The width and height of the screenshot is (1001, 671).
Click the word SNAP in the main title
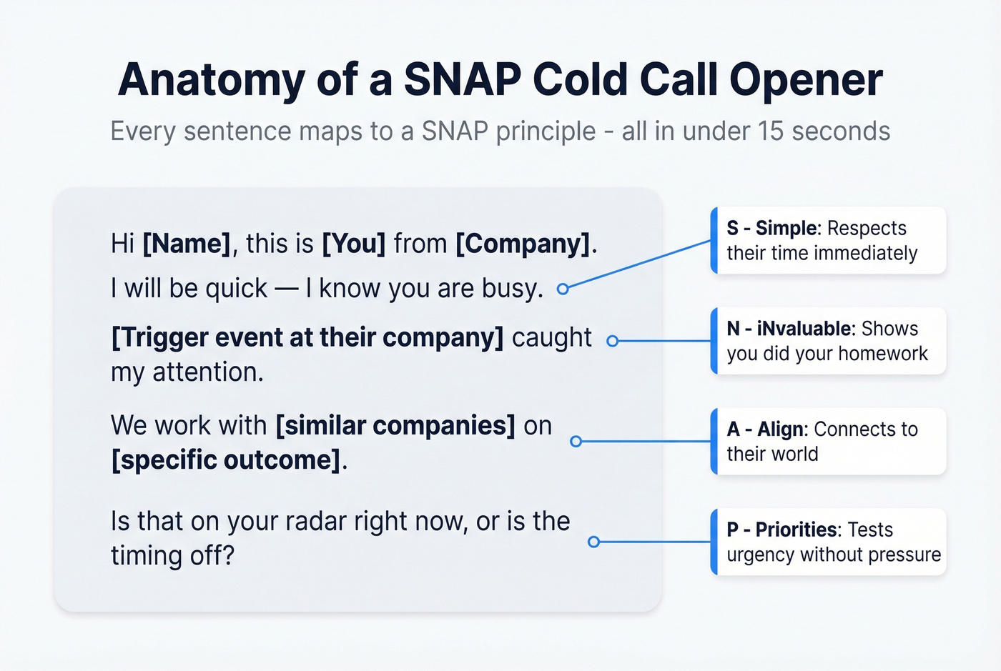pos(462,79)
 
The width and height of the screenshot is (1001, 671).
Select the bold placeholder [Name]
pos(187,244)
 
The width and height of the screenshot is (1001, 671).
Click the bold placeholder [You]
pos(354,244)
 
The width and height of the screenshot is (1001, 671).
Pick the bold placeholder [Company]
pos(523,244)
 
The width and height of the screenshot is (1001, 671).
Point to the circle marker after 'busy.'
pos(563,289)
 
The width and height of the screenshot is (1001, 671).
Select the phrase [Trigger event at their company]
pos(307,337)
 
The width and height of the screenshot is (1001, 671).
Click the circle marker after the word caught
pos(612,342)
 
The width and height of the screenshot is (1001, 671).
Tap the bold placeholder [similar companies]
pos(395,425)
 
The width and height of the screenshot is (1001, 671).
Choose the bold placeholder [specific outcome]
pos(226,459)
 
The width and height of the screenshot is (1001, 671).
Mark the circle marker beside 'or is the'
pos(593,542)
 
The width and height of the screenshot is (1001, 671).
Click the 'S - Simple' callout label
pos(773,228)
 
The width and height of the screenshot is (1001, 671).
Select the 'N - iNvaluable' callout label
pos(791,329)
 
